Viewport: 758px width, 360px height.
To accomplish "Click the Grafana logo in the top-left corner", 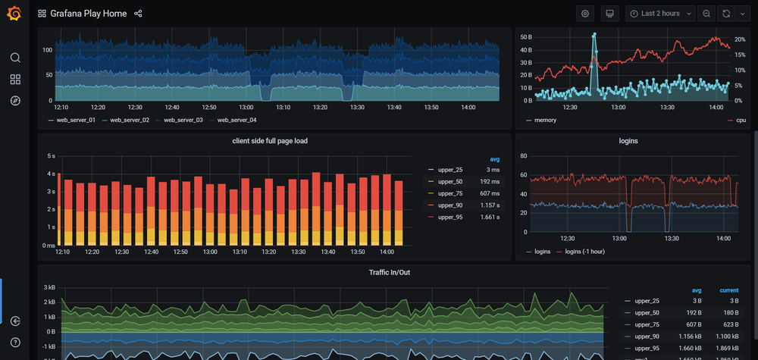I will [14, 13].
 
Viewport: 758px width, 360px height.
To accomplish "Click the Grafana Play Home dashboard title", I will [88, 14].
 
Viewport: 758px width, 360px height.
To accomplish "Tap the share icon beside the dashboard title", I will [138, 14].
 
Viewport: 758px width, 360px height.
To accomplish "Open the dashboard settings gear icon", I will [584, 14].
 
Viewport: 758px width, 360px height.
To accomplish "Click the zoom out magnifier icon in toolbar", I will [706, 14].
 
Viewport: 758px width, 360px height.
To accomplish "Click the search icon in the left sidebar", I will [15, 58].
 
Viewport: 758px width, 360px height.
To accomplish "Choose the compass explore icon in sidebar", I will [15, 101].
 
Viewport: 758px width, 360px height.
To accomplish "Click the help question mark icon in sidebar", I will [15, 343].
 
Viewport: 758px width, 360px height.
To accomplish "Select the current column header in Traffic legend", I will [729, 290].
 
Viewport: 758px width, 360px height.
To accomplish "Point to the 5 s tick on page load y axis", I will [51, 156].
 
